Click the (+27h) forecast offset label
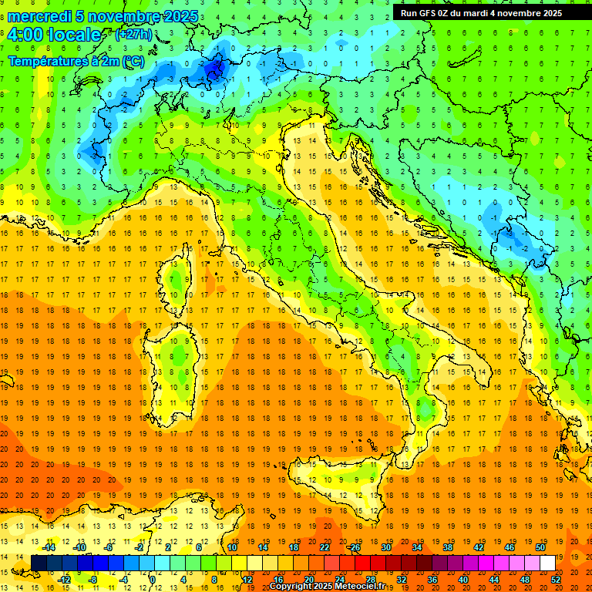pos(133,35)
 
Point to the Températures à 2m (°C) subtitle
pos(76,60)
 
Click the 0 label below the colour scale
pos(153,580)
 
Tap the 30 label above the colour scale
pos(385,547)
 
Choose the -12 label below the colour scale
pos(64,580)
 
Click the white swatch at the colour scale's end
pos(547,563)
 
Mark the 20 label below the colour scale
pos(309,580)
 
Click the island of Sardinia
pos(180,362)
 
